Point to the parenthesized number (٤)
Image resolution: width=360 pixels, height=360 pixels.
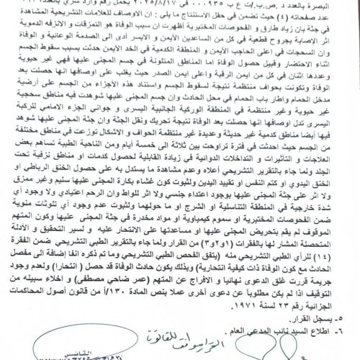(294, 19)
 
